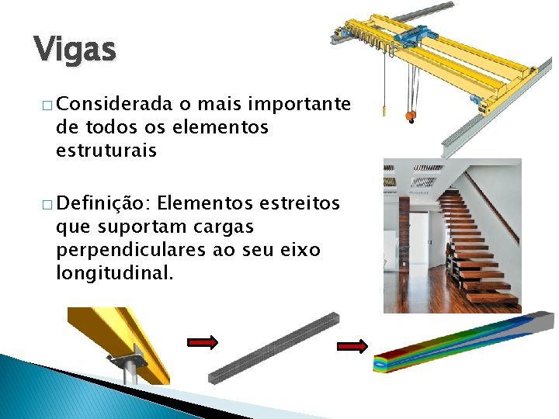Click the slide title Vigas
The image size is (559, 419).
(75, 50)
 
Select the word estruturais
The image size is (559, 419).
(106, 151)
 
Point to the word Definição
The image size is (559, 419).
(103, 204)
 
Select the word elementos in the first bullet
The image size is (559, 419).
(230, 127)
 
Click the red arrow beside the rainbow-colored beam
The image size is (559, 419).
(352, 347)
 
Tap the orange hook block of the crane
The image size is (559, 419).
(410, 116)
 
